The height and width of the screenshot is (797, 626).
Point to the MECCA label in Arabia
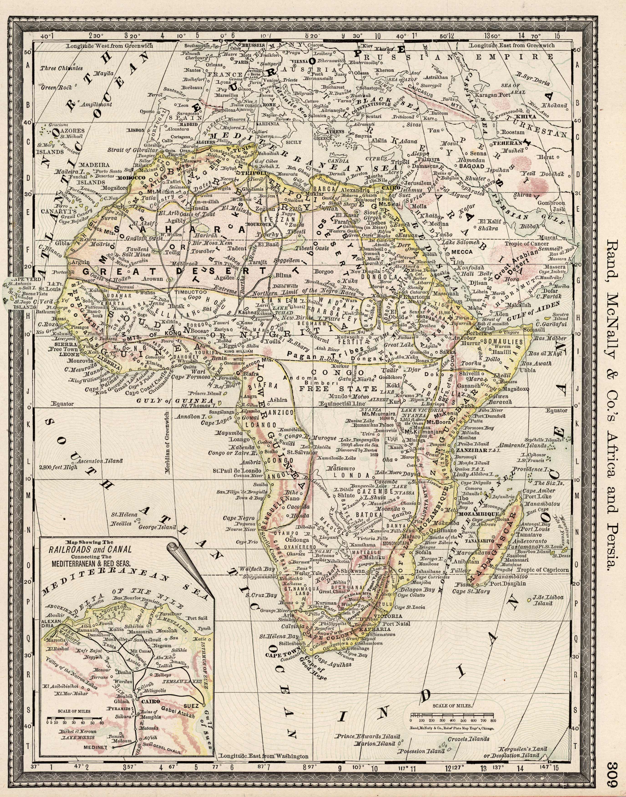(463, 252)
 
